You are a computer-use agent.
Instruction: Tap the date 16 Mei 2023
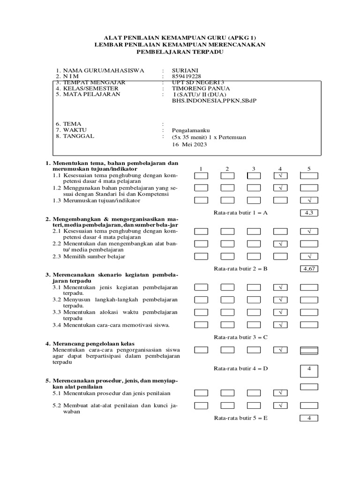click(x=189, y=145)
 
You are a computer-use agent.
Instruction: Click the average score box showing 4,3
click(x=309, y=213)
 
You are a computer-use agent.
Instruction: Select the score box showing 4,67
click(x=309, y=269)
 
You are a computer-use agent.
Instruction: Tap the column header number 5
click(x=309, y=168)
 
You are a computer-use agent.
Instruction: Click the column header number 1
click(x=201, y=168)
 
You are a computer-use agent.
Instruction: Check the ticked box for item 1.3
click(x=309, y=200)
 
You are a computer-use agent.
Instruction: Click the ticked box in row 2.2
click(x=280, y=244)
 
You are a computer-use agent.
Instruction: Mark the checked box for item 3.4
click(x=280, y=324)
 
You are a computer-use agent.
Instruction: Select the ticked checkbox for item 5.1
click(x=280, y=393)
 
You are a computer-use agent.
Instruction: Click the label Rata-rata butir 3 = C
click(x=240, y=337)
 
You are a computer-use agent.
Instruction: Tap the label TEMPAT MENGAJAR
click(x=92, y=82)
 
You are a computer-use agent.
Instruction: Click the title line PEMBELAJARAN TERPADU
click(x=180, y=52)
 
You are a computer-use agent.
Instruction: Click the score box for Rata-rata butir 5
click(x=309, y=418)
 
